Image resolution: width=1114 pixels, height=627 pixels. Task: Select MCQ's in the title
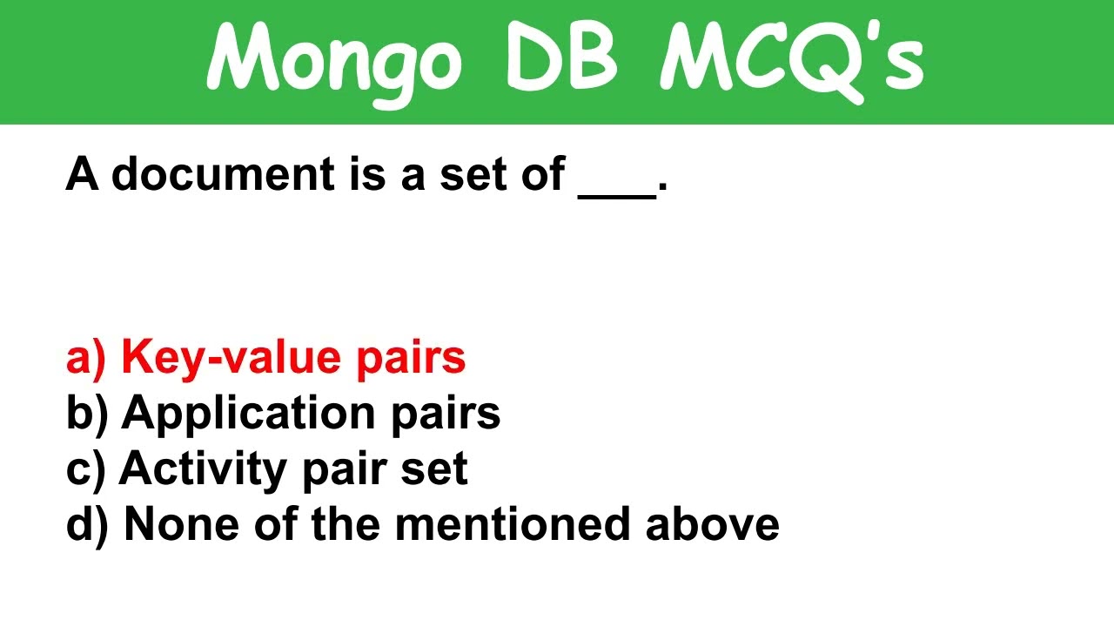(x=790, y=59)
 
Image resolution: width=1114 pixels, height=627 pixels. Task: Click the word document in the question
(x=223, y=174)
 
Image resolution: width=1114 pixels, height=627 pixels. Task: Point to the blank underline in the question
(x=617, y=193)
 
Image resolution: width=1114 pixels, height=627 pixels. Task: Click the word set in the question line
(x=472, y=174)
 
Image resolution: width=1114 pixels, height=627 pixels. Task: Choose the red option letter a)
(x=86, y=358)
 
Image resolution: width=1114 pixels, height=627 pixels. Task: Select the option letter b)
(x=86, y=414)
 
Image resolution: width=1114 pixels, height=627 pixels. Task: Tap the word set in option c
(x=434, y=469)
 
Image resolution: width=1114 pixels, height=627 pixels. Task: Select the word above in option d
(x=713, y=524)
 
